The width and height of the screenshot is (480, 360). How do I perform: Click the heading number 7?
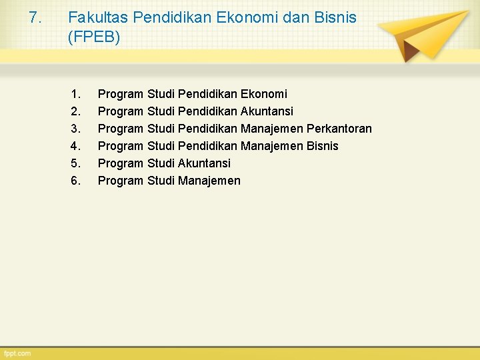tap(36, 17)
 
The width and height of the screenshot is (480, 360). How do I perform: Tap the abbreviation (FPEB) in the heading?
tap(94, 38)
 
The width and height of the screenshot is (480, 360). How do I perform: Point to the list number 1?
tap(75, 94)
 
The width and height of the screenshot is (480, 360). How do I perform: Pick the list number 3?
tap(75, 129)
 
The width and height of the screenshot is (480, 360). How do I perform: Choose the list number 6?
tap(75, 181)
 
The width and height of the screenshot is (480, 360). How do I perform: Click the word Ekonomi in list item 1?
tap(265, 94)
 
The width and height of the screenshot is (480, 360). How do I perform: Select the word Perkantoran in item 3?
tap(339, 129)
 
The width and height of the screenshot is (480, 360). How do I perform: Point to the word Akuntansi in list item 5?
tap(205, 163)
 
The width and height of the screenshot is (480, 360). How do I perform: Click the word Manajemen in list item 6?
tap(209, 181)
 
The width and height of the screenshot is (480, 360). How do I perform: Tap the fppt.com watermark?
tap(17, 353)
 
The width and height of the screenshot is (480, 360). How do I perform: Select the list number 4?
tap(75, 146)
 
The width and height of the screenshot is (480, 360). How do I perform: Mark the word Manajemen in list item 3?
tap(272, 129)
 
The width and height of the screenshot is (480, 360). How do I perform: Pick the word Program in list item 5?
tap(121, 163)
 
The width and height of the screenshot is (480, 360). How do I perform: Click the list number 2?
tap(75, 111)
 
